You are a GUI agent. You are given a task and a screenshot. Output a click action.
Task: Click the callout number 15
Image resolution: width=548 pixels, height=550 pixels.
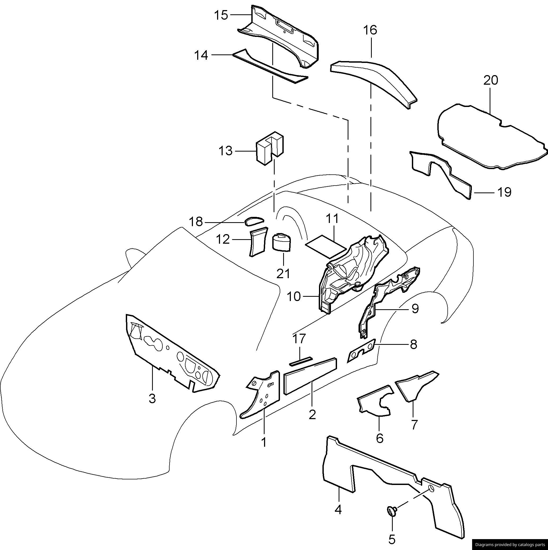pos(221,15)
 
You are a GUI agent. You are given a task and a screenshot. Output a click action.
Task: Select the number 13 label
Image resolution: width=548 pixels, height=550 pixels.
pos(226,151)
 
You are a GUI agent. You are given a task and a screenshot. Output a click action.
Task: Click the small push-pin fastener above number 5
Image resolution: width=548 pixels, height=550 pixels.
pos(392,510)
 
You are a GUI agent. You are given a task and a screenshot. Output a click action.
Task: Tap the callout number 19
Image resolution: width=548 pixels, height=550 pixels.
pos(504,192)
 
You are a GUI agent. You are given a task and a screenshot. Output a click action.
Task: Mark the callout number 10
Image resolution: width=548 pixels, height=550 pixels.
pos(294,297)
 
